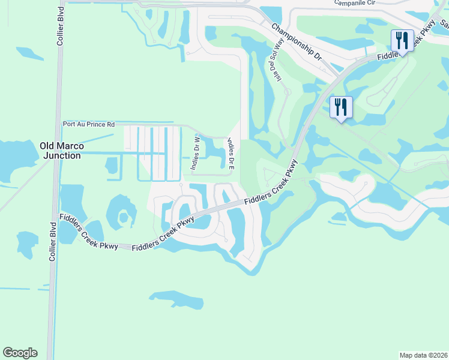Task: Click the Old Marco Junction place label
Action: (60, 151)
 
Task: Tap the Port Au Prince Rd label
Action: (89, 125)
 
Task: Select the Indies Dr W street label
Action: (195, 154)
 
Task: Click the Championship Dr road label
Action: (296, 44)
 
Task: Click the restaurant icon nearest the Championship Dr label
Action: (341, 107)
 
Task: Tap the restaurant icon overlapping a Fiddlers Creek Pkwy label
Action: (400, 41)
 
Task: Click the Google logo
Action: (20, 353)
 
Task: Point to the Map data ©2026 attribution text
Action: (423, 355)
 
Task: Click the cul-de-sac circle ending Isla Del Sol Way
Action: (288, 92)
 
